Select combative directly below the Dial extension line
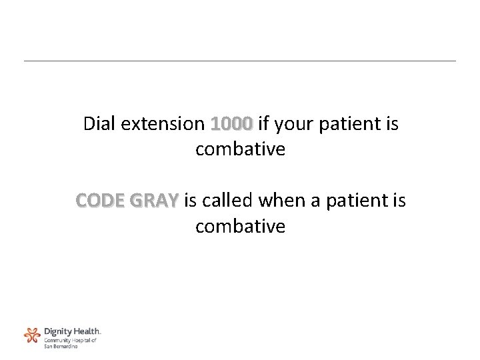tap(240, 150)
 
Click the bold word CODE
tap(101, 201)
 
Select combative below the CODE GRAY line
tap(240, 227)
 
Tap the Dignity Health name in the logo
tap(71, 331)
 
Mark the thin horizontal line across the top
tap(240, 61)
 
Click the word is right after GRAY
tap(189, 201)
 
